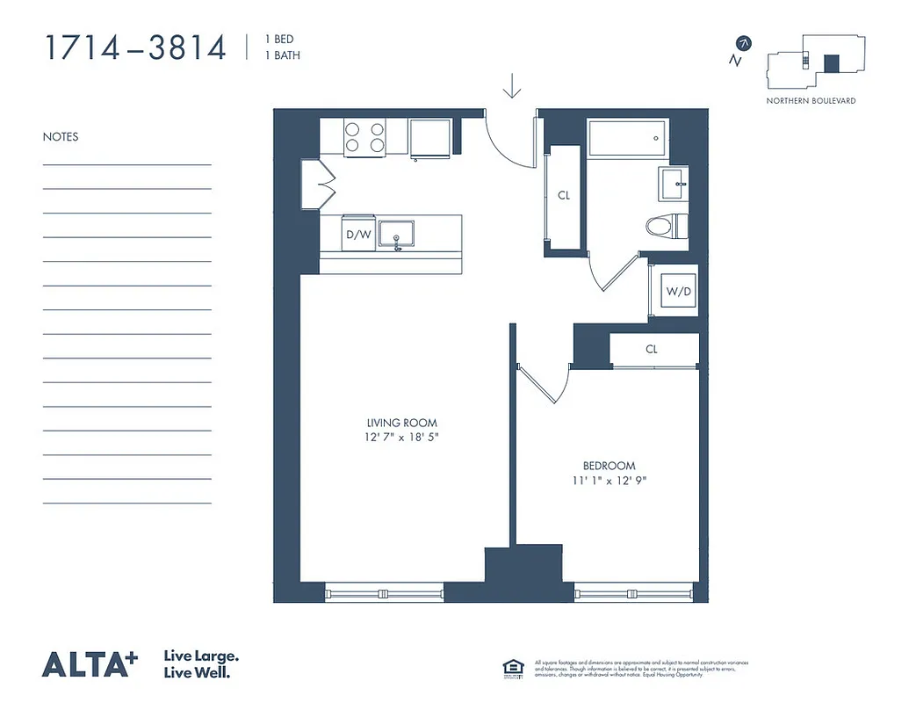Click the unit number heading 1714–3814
[x=135, y=47]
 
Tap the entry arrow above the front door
[x=511, y=87]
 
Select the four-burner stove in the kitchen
[x=364, y=137]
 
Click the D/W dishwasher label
[x=357, y=235]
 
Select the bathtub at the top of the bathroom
[x=628, y=138]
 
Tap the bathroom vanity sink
[x=675, y=183]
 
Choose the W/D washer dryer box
[x=678, y=291]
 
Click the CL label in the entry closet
[x=564, y=195]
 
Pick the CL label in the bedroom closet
[x=652, y=349]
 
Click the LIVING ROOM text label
[x=402, y=423]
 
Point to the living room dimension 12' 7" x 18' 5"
[x=402, y=437]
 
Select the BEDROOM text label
[x=609, y=466]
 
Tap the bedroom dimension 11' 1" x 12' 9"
[x=609, y=480]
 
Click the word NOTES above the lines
[x=61, y=137]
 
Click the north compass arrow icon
[x=744, y=42]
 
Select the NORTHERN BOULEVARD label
[x=811, y=101]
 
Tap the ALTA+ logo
[x=90, y=664]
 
